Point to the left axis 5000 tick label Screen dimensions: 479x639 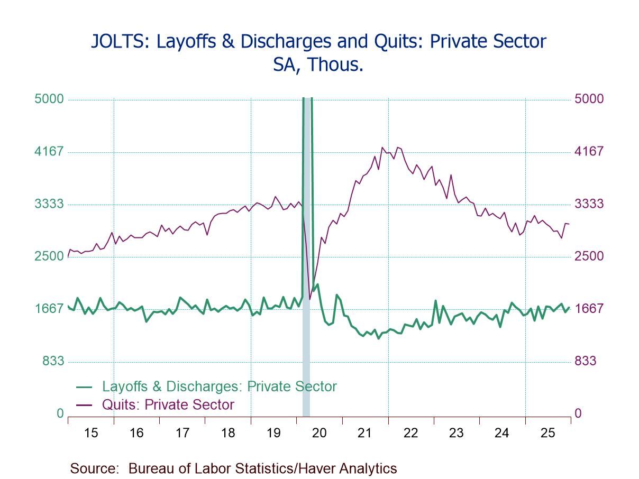coord(49,99)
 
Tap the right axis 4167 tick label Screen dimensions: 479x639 coord(589,152)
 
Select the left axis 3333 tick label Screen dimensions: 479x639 coord(49,204)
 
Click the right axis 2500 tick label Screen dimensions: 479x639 coord(589,256)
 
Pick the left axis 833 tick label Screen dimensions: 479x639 coord(52,361)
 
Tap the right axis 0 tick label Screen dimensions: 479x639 coord(578,413)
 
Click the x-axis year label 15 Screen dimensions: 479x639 coord(91,433)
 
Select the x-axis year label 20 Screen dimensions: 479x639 coord(319,433)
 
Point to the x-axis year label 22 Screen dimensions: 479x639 coord(410,433)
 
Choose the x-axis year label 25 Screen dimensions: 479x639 coord(547,433)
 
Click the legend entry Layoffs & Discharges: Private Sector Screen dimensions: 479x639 coord(219,386)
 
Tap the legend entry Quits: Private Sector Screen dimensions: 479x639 coord(168,405)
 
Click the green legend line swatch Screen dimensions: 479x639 coord(84,387)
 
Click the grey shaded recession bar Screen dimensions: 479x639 coord(306,344)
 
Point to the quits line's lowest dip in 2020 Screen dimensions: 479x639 coord(310,299)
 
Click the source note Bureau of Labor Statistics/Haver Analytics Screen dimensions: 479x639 coord(262,468)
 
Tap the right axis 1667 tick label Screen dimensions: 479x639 coord(589,309)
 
